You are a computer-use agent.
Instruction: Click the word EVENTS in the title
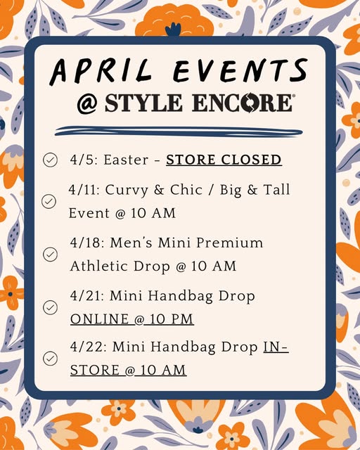(x=243, y=71)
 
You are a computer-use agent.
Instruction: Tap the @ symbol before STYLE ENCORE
(x=88, y=103)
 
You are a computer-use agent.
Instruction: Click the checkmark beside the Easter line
(x=50, y=160)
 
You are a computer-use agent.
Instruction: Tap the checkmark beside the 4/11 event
(x=49, y=202)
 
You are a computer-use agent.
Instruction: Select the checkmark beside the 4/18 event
(x=50, y=255)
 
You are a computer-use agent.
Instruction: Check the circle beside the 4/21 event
(x=50, y=307)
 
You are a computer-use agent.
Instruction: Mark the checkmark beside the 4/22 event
(x=50, y=359)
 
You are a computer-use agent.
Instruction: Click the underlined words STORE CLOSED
(x=224, y=160)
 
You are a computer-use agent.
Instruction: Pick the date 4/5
(x=82, y=160)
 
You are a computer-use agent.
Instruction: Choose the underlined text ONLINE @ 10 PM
(x=132, y=319)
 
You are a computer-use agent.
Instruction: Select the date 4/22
(x=85, y=347)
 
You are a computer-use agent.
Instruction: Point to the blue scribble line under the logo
(x=179, y=131)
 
